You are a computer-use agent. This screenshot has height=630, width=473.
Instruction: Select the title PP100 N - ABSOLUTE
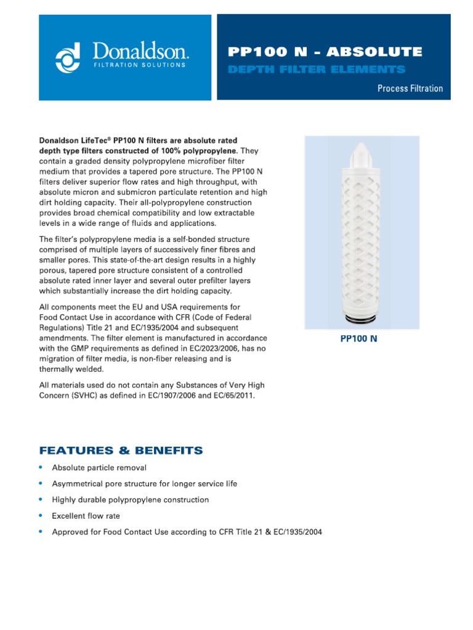click(325, 52)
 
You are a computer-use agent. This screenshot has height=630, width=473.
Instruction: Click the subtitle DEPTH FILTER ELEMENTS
click(317, 70)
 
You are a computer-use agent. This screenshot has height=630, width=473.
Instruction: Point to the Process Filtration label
click(410, 89)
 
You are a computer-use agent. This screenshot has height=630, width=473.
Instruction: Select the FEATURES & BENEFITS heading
click(121, 450)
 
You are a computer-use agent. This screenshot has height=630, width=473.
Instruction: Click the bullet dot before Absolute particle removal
click(41, 468)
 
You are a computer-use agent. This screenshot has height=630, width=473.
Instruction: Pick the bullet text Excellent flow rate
click(86, 516)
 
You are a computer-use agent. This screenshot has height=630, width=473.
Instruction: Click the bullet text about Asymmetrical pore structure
click(144, 484)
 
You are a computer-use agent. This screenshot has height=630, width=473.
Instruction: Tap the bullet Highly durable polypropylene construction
click(130, 500)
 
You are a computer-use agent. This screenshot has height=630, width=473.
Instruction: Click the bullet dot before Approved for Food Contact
click(41, 532)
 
